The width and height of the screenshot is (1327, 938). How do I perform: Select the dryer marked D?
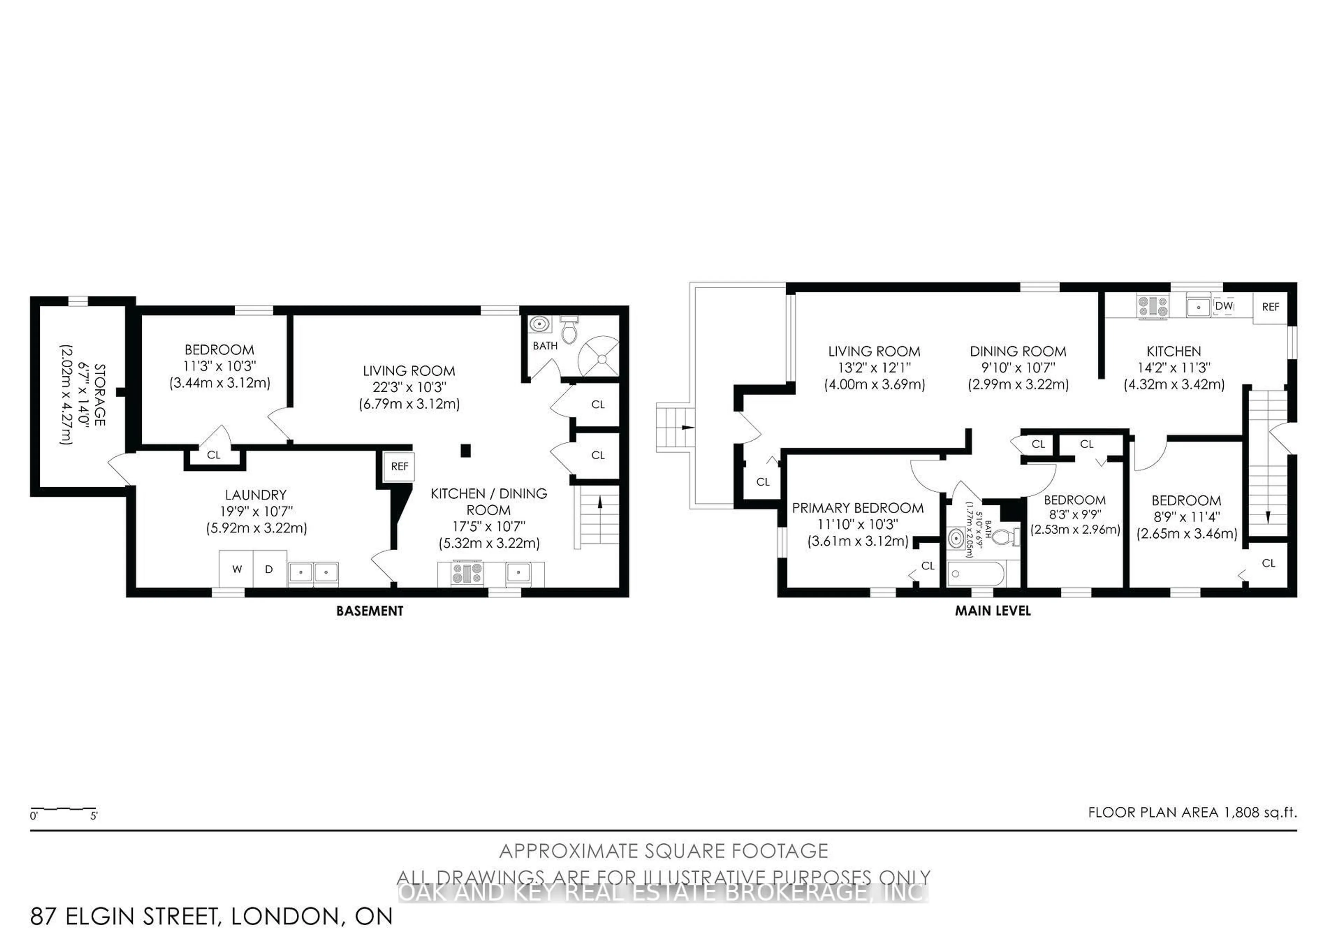[x=269, y=569]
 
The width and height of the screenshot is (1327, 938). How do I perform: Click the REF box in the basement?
[x=399, y=466]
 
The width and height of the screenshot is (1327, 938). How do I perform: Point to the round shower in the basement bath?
[x=602, y=359]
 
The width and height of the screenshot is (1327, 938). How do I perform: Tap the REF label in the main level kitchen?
[x=1270, y=307]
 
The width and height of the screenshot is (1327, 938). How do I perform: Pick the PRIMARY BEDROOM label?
[x=858, y=508]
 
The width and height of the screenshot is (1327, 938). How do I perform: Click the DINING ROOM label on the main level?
[x=1018, y=351]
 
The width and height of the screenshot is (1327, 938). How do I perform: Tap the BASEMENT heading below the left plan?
[x=369, y=611]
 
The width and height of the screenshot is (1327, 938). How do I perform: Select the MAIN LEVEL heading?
[x=992, y=611]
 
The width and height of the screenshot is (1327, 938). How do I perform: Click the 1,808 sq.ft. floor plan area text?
[x=1192, y=812]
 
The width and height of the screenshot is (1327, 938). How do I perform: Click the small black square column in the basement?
[x=465, y=450]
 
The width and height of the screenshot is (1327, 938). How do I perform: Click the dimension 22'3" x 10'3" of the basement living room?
[x=409, y=387]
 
